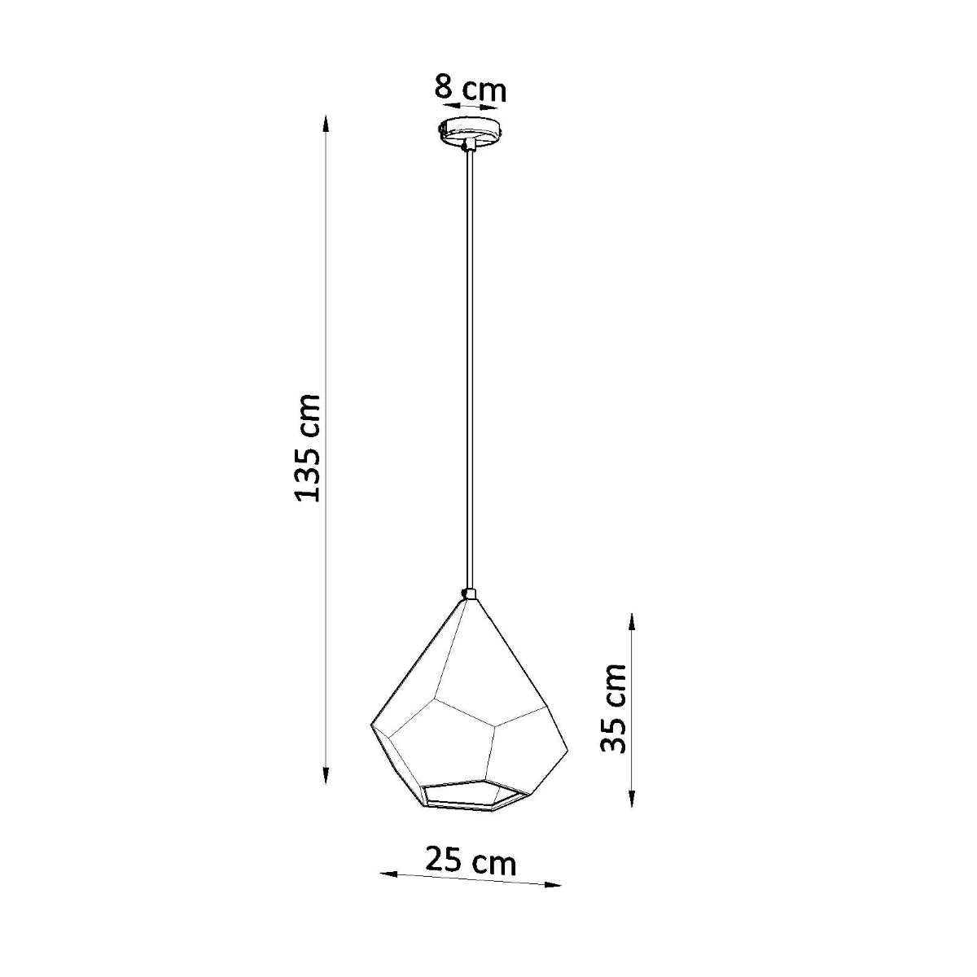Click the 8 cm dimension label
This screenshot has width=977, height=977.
470,88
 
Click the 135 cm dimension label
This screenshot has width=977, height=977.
309,448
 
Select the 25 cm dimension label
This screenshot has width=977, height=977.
471,861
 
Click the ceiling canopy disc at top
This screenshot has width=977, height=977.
471,130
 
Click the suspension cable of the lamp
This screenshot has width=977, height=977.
470,366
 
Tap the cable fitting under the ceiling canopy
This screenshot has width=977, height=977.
469,147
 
